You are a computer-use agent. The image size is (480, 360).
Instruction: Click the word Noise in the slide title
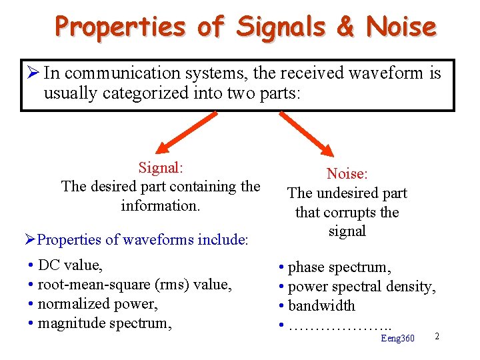pos(401,27)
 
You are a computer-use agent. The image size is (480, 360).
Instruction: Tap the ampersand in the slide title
pos(345,27)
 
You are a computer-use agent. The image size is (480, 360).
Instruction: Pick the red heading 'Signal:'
pos(161,168)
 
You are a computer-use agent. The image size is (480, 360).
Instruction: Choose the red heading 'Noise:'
pos(347,174)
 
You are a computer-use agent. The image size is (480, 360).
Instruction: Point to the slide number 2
pos(437,335)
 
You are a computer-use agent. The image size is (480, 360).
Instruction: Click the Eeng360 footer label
pos(397,339)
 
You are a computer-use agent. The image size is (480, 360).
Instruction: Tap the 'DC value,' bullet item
pos(70,265)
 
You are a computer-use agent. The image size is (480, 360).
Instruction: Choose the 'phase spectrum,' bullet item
pos(339,267)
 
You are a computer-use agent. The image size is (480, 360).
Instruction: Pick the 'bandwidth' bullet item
pos(321,306)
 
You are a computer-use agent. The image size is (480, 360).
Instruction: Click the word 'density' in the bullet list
pos(409,287)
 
